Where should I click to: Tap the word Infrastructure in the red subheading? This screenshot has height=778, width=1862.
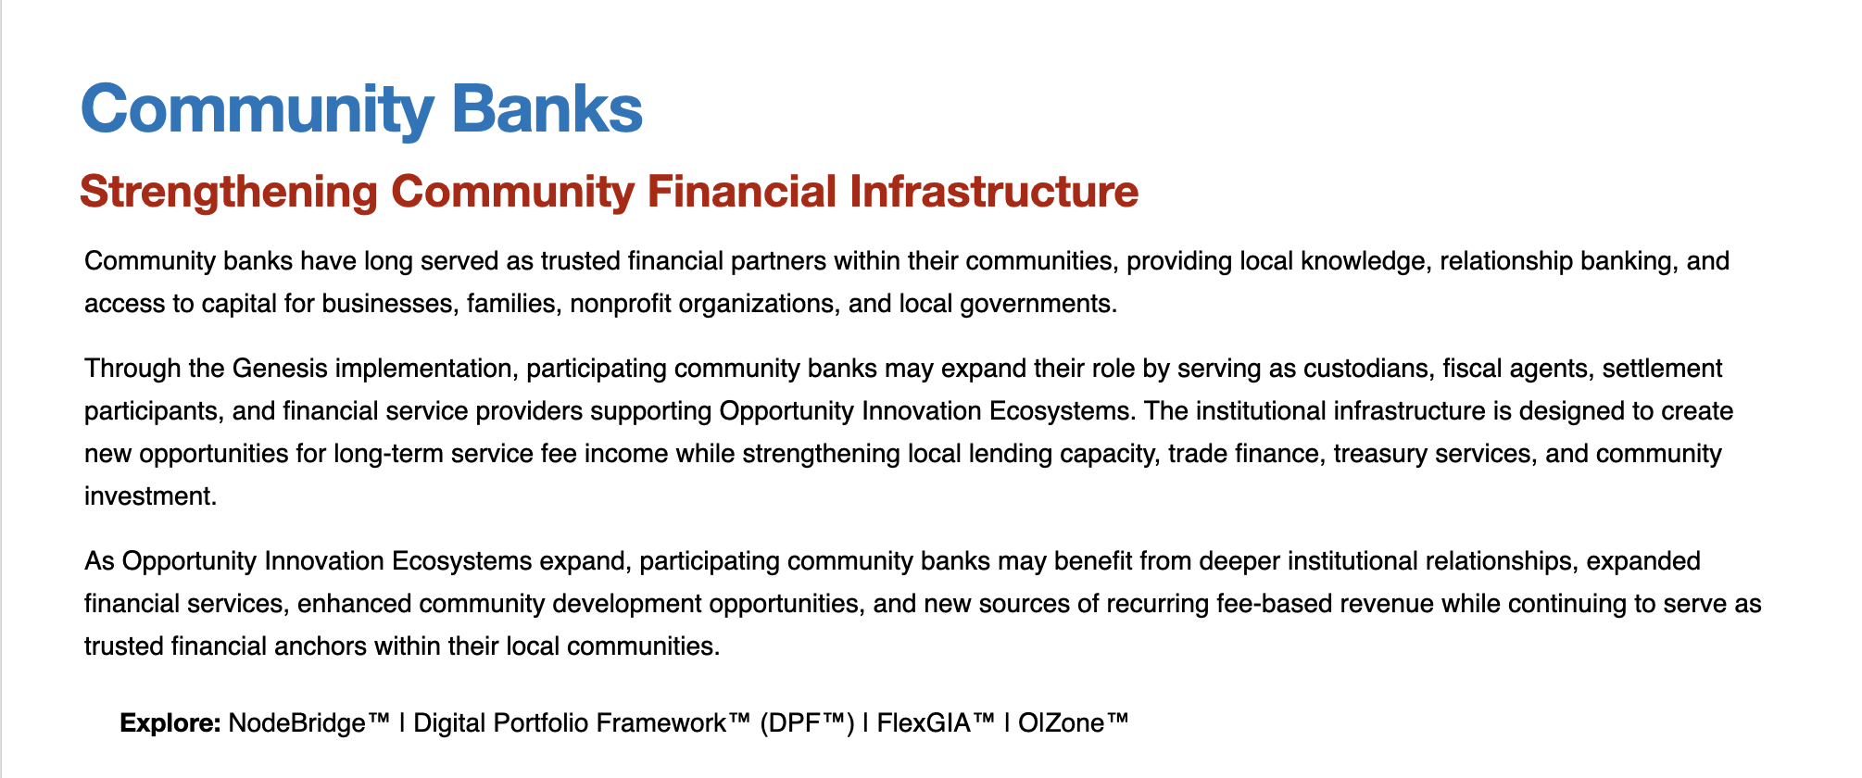pos(995,192)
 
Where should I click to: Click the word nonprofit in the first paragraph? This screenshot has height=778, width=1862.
pos(621,304)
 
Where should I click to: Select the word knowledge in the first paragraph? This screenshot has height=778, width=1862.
pos(1363,261)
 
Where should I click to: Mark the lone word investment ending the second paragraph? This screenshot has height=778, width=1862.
pos(150,496)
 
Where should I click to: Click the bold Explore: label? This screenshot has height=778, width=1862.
pos(170,723)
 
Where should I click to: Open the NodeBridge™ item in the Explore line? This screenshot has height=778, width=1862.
pos(309,722)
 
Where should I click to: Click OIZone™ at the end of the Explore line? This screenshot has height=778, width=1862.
pos(1074,722)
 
